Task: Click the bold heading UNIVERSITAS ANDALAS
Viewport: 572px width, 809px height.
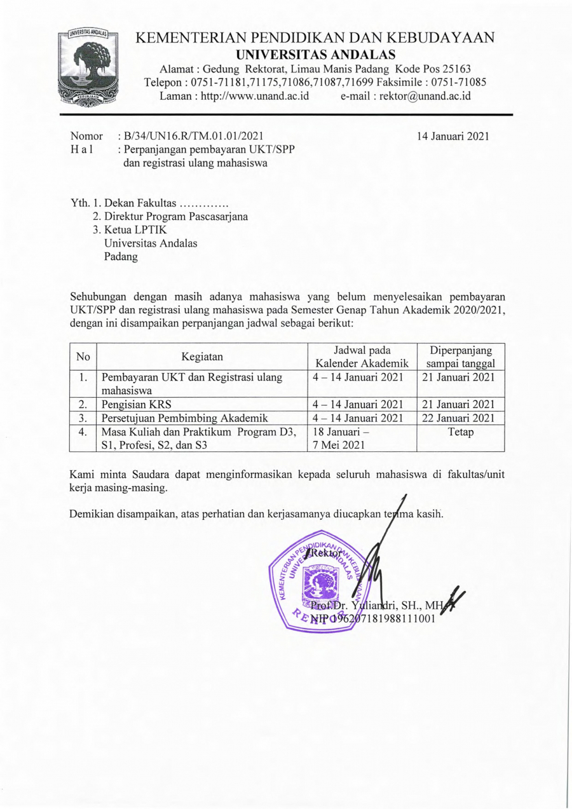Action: click(x=315, y=54)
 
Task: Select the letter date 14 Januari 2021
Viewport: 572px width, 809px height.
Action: click(x=453, y=135)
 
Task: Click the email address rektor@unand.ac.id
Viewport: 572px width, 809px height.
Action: click(x=405, y=96)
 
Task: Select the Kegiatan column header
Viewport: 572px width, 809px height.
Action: click(x=201, y=357)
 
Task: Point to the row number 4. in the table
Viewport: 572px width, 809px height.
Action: click(x=82, y=432)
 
